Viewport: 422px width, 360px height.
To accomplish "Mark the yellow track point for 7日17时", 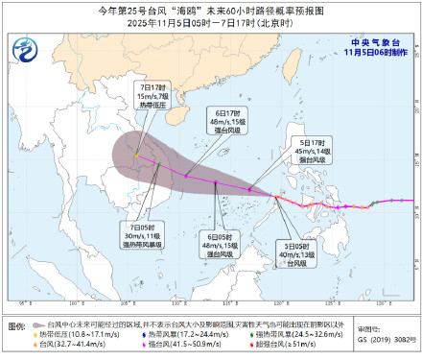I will point(137,156).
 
